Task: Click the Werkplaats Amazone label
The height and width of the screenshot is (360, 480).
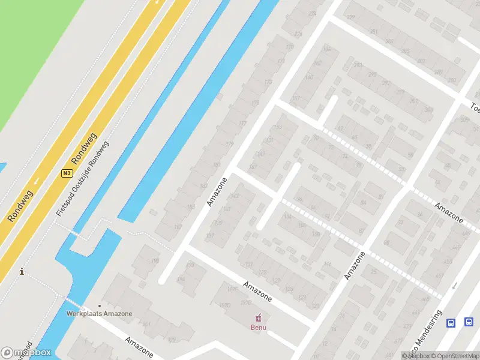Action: [99, 313]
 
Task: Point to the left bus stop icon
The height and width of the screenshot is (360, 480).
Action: [451, 323]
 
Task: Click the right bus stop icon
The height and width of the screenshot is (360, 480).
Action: [467, 323]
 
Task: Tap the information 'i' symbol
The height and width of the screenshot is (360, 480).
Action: [22, 271]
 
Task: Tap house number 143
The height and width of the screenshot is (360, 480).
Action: [235, 196]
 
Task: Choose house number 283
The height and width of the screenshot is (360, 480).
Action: [389, 41]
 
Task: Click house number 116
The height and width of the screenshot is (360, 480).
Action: [328, 264]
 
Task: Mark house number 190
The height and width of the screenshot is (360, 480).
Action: [155, 260]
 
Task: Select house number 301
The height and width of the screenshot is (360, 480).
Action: [414, 100]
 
